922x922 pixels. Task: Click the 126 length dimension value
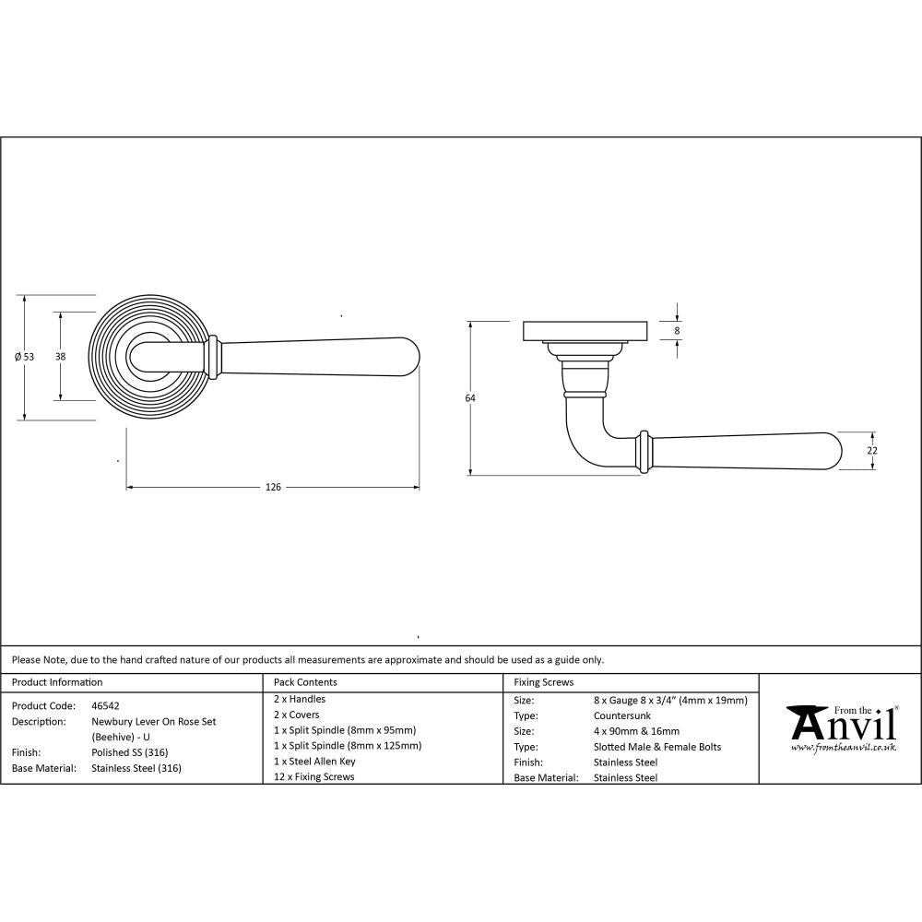pos(273,487)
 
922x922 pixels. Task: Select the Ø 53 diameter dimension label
pos(25,357)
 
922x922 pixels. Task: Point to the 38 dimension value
pos(60,356)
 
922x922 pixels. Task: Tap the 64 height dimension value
pos(470,398)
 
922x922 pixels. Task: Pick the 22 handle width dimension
pos(872,450)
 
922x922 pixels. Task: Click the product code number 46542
pos(105,705)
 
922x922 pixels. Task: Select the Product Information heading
pos(57,682)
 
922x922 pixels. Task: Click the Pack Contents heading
pos(305,682)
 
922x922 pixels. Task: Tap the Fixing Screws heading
pos(543,682)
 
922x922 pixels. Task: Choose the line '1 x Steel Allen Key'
pos(314,762)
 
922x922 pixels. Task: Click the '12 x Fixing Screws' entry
pos(313,777)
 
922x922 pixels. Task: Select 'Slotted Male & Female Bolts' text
pos(657,747)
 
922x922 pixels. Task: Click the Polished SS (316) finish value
pos(129,752)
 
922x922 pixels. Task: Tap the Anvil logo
pos(841,724)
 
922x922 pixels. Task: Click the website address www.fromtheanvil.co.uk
pos(843,748)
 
